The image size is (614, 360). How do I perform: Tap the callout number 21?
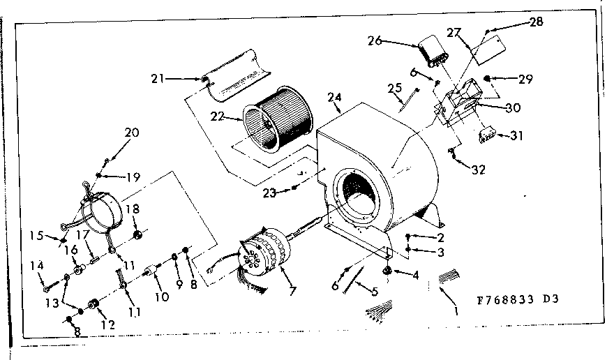pos(157,78)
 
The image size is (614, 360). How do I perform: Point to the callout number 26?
pos(375,40)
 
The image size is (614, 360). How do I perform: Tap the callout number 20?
pos(132,133)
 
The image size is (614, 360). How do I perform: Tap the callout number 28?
pos(535,22)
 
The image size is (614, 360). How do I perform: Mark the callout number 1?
pos(457,312)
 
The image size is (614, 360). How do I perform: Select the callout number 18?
pos(133,209)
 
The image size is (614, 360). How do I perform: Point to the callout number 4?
pos(417,275)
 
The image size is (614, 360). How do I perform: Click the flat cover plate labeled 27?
pos(487,47)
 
